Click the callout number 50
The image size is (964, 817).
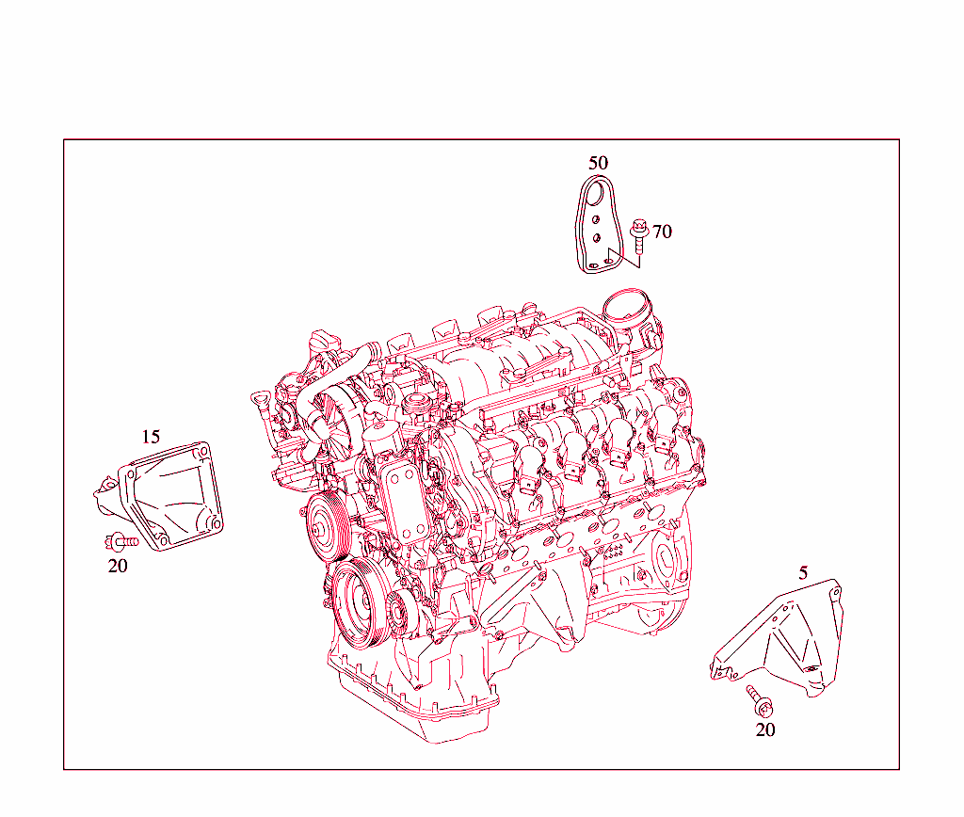click(x=598, y=163)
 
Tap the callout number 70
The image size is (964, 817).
click(x=662, y=232)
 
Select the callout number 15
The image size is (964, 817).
click(x=151, y=437)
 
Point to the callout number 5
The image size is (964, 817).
click(x=803, y=572)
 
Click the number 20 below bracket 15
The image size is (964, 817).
click(x=117, y=566)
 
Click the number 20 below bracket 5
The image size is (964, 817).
click(x=765, y=729)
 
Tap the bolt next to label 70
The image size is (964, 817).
click(x=639, y=234)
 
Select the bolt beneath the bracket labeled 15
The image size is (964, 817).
click(x=120, y=541)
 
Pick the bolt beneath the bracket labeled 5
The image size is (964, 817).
click(x=759, y=699)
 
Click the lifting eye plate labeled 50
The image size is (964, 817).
click(x=593, y=231)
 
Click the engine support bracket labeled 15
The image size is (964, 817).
click(x=169, y=494)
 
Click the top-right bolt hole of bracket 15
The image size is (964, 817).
click(x=198, y=454)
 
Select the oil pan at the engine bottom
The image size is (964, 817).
click(x=414, y=701)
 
